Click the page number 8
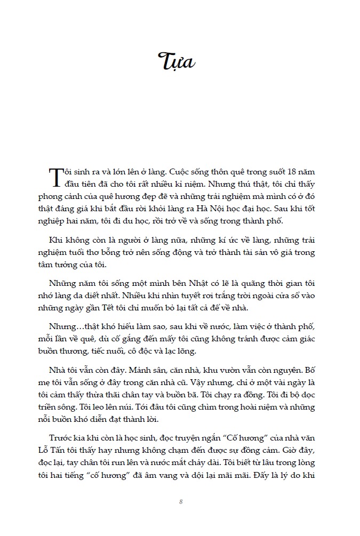pos(181,502)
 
